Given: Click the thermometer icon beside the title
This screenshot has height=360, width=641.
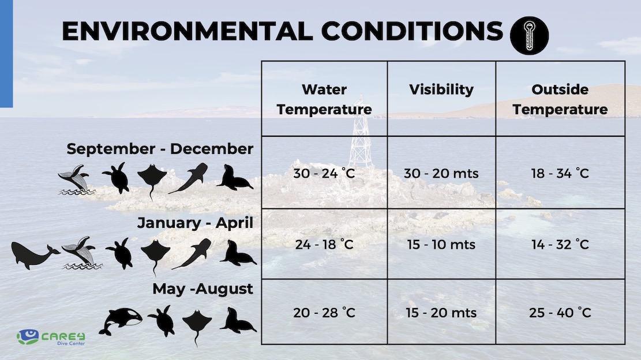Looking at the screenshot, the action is click(530, 36).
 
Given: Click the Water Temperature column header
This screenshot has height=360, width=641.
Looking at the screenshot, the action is click(324, 99).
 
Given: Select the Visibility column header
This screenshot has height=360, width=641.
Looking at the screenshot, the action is click(441, 89).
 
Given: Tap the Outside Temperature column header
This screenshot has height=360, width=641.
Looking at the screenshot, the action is click(560, 99).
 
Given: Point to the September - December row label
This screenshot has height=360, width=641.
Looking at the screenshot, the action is click(160, 149).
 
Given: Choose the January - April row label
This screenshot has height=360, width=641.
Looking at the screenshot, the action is click(196, 223).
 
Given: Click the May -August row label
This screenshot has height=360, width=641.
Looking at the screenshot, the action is click(203, 289).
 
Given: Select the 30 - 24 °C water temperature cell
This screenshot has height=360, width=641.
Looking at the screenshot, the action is click(324, 173).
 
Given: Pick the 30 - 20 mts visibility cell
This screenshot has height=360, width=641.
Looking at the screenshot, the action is click(441, 173).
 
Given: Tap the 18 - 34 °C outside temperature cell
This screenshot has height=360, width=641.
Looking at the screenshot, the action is click(560, 173).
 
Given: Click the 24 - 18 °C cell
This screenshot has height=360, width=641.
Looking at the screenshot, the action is click(324, 245).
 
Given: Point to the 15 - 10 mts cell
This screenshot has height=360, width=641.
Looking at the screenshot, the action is click(441, 245).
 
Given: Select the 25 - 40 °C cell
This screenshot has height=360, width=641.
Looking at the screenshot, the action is click(560, 313).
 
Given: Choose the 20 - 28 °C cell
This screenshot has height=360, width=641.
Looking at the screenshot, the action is click(324, 313).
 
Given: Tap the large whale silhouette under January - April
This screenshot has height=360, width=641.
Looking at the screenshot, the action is click(35, 255).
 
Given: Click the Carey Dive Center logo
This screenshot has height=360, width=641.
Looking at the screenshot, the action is click(51, 337).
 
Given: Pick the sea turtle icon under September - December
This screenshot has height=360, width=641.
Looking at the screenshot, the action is click(117, 178).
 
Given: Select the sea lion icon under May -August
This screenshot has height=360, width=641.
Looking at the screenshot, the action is click(238, 320).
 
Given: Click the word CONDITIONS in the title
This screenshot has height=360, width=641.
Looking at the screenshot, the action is click(412, 31).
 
